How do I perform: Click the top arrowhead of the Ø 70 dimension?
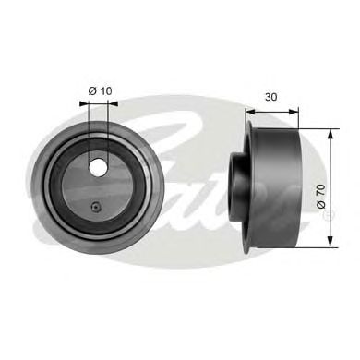(330, 135)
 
